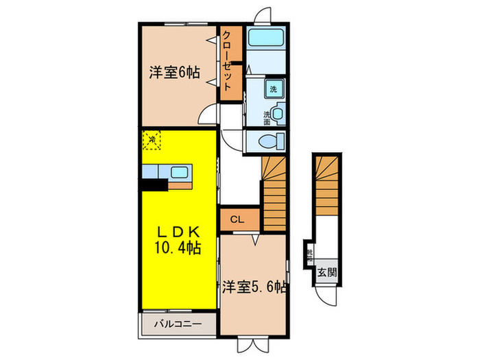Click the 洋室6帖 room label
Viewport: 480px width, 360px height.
tap(174, 72)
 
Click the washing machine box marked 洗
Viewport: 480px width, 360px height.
tap(273, 90)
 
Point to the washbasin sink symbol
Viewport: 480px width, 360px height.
tap(278, 115)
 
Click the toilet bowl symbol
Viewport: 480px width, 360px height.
tap(272, 141)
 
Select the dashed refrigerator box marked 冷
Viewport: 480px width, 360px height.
tap(151, 141)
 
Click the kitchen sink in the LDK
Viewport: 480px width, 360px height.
tap(178, 172)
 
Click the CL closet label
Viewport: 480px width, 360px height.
tap(236, 220)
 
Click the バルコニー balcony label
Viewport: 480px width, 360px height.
tap(176, 323)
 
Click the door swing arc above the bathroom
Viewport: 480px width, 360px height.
tap(261, 16)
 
